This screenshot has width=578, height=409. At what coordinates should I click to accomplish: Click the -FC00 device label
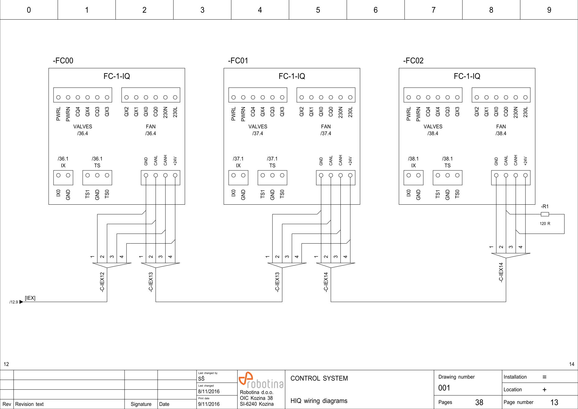[63, 60]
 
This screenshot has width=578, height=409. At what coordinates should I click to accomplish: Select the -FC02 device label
[413, 60]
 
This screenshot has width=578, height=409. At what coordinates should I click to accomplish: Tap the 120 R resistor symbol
[545, 214]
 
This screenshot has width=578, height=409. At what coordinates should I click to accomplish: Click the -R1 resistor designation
[545, 207]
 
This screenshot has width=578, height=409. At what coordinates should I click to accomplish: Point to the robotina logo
[261, 380]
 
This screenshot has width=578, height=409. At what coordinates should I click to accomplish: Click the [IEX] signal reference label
[30, 298]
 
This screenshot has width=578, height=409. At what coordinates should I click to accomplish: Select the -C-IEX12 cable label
[102, 282]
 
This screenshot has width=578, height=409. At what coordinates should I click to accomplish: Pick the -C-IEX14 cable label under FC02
[501, 272]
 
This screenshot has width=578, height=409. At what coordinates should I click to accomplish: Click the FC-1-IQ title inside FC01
[292, 76]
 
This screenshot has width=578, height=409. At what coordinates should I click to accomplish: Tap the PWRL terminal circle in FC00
[58, 97]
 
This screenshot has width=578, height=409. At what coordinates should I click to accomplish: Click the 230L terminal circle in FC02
[525, 97]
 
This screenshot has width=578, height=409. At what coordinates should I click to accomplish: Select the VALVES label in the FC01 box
[258, 126]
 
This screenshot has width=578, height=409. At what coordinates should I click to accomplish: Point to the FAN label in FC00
[151, 126]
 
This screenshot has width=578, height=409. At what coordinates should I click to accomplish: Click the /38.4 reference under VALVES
[433, 133]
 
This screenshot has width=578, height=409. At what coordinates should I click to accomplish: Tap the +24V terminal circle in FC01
[350, 175]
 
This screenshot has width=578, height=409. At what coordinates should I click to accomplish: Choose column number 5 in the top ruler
[318, 10]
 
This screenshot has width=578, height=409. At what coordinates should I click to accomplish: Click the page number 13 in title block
[554, 402]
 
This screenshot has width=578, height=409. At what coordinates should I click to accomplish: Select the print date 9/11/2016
[209, 404]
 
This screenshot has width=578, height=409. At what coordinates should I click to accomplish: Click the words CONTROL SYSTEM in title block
[319, 378]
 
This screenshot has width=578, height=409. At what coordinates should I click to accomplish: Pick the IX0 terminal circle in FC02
[409, 175]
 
